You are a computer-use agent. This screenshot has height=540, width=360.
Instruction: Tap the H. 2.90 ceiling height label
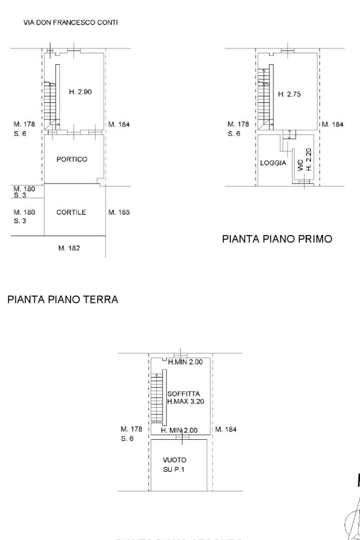(x=81, y=92)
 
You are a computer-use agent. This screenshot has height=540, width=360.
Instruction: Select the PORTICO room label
(x=72, y=159)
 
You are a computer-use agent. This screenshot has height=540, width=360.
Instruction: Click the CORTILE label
(x=71, y=213)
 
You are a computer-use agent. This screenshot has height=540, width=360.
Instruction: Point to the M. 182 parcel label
(x=69, y=248)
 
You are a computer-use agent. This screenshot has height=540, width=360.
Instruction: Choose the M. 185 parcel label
(x=119, y=213)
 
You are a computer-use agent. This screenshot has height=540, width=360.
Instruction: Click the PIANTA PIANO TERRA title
(x=63, y=300)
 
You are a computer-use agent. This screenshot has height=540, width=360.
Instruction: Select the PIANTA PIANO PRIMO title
(x=277, y=239)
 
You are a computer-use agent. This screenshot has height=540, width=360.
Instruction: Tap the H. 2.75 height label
(x=289, y=94)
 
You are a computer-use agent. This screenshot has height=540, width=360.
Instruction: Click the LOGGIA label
(x=273, y=163)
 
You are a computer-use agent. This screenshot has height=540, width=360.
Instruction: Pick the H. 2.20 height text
(x=309, y=159)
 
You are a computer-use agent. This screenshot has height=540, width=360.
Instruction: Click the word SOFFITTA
(x=183, y=393)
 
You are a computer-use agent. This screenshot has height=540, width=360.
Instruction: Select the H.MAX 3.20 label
(x=186, y=401)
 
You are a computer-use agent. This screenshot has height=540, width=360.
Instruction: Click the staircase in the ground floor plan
(x=50, y=102)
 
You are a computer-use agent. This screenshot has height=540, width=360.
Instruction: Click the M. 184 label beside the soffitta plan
(x=226, y=429)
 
